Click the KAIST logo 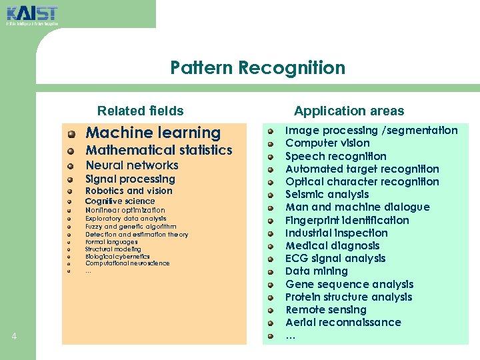32,14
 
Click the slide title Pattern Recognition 257,68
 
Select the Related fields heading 140,111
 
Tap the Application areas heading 349,111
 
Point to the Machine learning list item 153,133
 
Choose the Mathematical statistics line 159,151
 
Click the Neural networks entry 132,165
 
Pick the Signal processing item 130,179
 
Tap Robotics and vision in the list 129,191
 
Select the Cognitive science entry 120,201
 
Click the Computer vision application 327,143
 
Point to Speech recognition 335,156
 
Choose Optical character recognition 362,181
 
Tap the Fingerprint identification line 347,220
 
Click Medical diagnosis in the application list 332,245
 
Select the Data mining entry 316,271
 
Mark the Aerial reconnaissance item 343,322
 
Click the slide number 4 14,336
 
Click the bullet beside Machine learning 71,134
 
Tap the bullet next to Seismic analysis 271,195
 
